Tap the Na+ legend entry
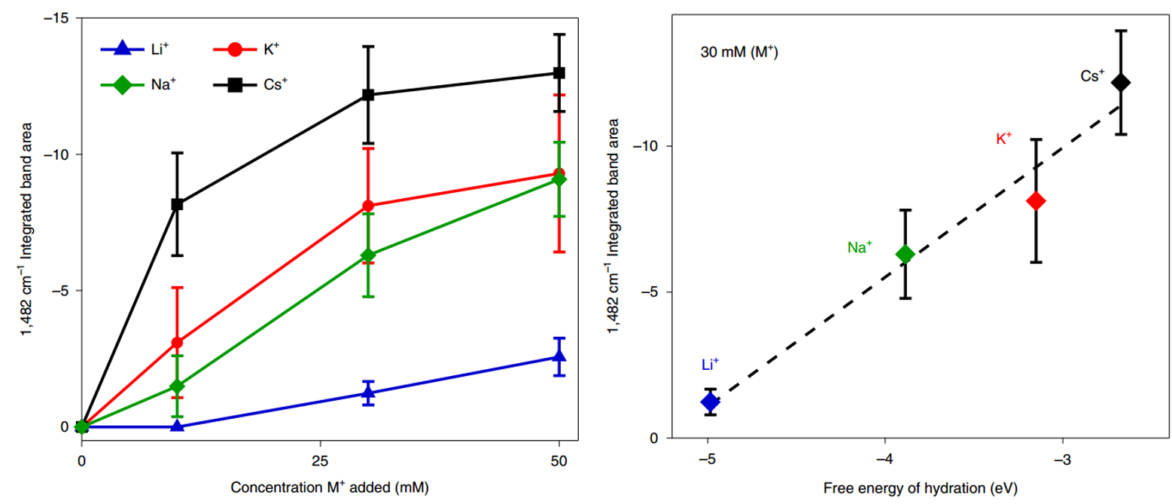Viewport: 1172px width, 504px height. pyautogui.click(x=139, y=84)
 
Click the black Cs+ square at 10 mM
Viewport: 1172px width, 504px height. pyautogui.click(x=177, y=204)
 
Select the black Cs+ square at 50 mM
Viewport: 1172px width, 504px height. pyautogui.click(x=559, y=73)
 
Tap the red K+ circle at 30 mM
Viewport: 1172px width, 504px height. pyautogui.click(x=368, y=206)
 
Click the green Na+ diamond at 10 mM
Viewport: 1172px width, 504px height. pyautogui.click(x=177, y=386)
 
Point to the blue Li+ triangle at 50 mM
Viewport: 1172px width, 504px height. pyautogui.click(x=559, y=356)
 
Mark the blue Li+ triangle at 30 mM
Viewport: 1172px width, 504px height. pyautogui.click(x=368, y=392)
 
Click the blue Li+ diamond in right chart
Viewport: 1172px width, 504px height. pyautogui.click(x=709, y=402)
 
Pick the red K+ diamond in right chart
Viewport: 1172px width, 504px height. pyautogui.click(x=1036, y=200)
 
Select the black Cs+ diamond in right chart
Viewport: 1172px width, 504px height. pyautogui.click(x=1121, y=82)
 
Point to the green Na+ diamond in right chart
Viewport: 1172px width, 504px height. pyautogui.click(x=906, y=254)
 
